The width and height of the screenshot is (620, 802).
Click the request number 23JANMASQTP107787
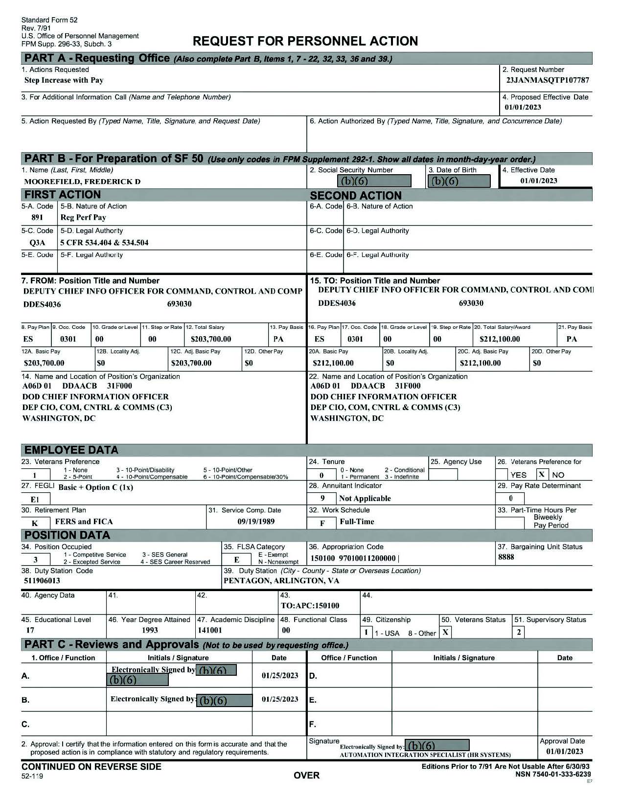coord(548,80)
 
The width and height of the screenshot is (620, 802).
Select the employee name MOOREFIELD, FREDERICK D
coord(82,182)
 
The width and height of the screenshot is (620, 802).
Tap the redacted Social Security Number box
coord(366,181)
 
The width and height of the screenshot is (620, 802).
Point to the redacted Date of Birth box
coord(459,181)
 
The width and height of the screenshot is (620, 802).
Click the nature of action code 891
coord(37,217)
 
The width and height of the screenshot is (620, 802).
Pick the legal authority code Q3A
coord(37,243)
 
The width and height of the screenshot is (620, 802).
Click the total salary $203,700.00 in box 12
coord(211,339)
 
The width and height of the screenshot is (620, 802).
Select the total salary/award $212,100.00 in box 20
coord(500,339)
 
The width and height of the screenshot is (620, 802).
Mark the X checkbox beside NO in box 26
coord(542,474)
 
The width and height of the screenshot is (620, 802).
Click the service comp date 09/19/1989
coord(256,522)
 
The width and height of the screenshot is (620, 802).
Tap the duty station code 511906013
coord(42,581)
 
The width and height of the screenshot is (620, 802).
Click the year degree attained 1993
coord(150,631)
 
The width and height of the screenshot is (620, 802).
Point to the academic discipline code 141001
coord(210,631)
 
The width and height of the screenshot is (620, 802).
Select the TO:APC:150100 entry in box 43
coord(310,606)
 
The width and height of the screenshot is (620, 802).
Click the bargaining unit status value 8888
coord(506,557)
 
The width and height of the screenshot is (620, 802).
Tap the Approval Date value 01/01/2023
coord(565,752)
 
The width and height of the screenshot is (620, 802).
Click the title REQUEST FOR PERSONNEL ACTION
coord(305,41)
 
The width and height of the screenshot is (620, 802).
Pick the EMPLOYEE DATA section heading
coord(71,450)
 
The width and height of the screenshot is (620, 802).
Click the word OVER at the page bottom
coord(306,776)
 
